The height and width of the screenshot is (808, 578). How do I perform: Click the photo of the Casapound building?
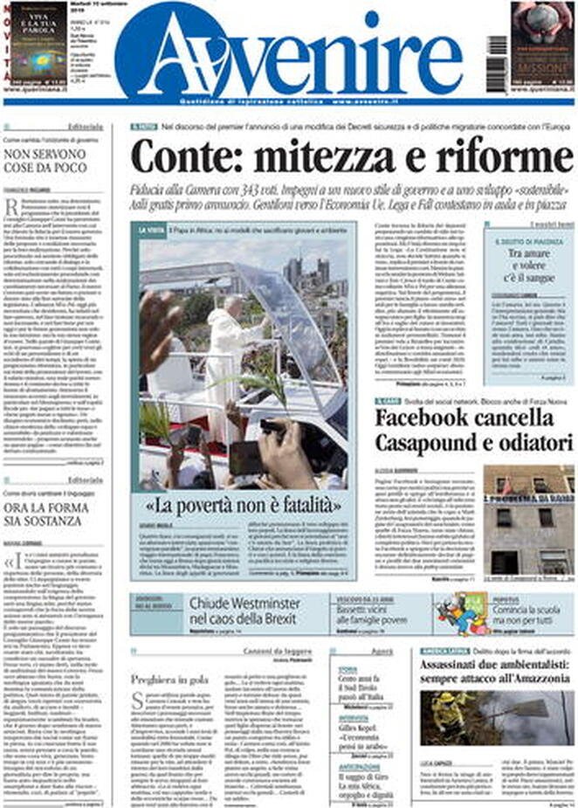click(x=528, y=520)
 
